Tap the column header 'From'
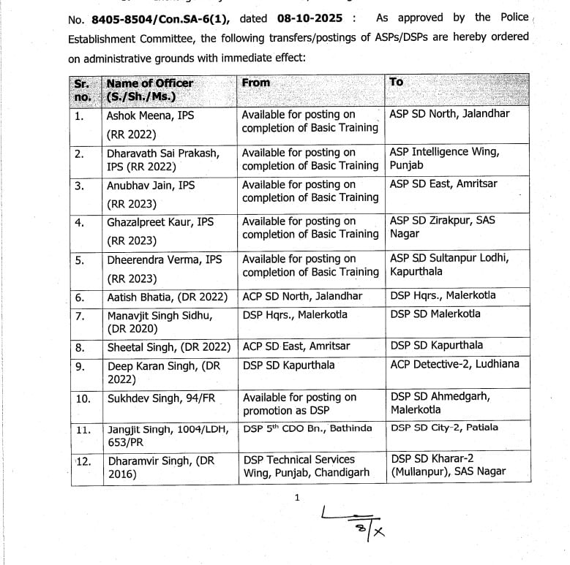pos(256,83)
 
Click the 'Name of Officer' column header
pos(149,83)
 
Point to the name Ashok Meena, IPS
pos(150,115)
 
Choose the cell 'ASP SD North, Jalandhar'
pos(449,114)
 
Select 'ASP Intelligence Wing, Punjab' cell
pos(444,159)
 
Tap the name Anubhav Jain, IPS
pos(151,185)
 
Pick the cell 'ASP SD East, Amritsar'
pos(443,184)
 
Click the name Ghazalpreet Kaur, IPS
pos(160,221)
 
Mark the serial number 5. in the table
pos(80,259)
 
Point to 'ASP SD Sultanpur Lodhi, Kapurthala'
pos(449,265)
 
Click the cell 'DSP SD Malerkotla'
pos(435,314)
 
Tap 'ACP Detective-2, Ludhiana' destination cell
pos(454,364)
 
